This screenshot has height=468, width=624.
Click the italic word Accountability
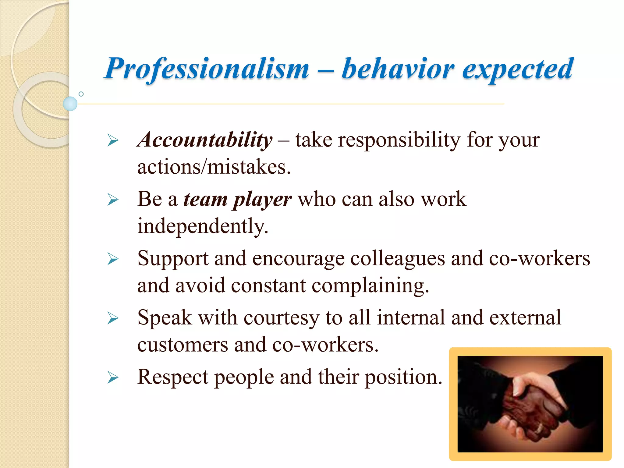click(x=205, y=140)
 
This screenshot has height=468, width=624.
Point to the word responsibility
click(x=399, y=140)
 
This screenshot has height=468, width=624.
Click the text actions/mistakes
click(x=214, y=167)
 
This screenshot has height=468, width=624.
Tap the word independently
click(x=203, y=226)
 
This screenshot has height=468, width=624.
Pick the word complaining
click(x=370, y=286)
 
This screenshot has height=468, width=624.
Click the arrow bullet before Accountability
click(x=113, y=141)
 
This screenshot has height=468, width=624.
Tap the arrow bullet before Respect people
click(x=113, y=378)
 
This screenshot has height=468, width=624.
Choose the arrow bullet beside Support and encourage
click(x=113, y=259)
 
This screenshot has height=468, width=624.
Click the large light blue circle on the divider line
click(x=70, y=104)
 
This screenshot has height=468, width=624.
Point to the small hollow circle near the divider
click(x=81, y=94)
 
